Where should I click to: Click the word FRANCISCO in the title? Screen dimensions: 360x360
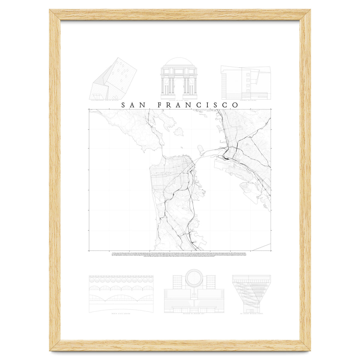(198, 105)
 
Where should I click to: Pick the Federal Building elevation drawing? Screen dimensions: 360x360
(246, 82)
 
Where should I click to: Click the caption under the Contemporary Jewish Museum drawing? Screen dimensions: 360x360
(109, 101)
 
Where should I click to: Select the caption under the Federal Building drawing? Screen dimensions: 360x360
(248, 101)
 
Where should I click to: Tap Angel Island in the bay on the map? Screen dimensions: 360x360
(179, 131)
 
